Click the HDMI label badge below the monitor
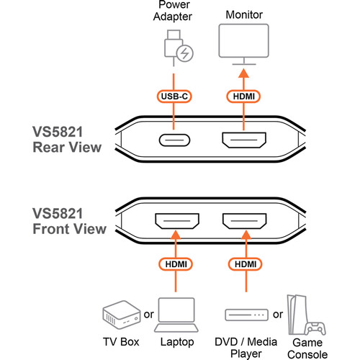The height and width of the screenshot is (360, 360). pos(243,95)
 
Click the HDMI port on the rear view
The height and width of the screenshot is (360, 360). pos(243,140)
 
